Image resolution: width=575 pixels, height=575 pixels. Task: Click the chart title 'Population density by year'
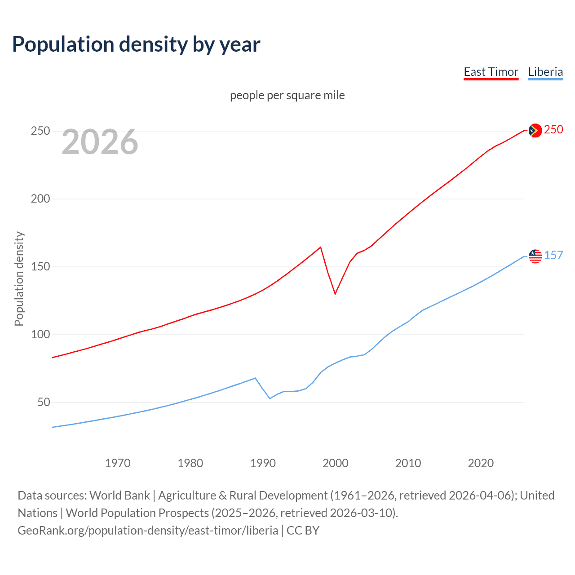click(x=136, y=44)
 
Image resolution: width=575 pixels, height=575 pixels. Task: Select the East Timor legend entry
click(x=491, y=72)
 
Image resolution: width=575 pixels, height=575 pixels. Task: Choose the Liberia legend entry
click(x=545, y=72)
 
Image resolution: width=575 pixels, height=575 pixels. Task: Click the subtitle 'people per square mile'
click(x=287, y=95)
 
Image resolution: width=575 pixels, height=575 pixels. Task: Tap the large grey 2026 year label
click(x=100, y=142)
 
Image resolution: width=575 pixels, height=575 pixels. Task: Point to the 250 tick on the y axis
click(x=40, y=131)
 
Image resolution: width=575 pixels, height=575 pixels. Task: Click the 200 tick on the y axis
click(x=40, y=199)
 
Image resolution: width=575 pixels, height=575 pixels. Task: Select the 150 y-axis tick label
click(x=40, y=267)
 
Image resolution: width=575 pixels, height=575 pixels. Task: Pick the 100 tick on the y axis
click(x=40, y=335)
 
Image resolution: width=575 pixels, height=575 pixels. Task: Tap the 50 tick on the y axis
click(x=44, y=402)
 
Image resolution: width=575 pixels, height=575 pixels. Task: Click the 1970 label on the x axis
click(x=118, y=463)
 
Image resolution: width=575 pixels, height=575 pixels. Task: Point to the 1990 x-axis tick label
click(x=263, y=463)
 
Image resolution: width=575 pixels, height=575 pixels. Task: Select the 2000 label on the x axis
click(x=336, y=463)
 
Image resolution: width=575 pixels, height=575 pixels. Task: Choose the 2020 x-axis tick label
click(x=481, y=463)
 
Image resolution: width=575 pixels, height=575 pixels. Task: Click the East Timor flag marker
click(x=535, y=131)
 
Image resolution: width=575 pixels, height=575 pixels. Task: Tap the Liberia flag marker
click(x=535, y=256)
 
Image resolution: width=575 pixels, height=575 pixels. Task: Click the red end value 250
click(x=553, y=130)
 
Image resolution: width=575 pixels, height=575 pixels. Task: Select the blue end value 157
click(x=553, y=256)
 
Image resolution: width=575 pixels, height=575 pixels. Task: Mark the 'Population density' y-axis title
click(x=19, y=279)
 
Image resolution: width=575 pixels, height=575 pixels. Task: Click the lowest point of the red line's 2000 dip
click(x=335, y=294)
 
